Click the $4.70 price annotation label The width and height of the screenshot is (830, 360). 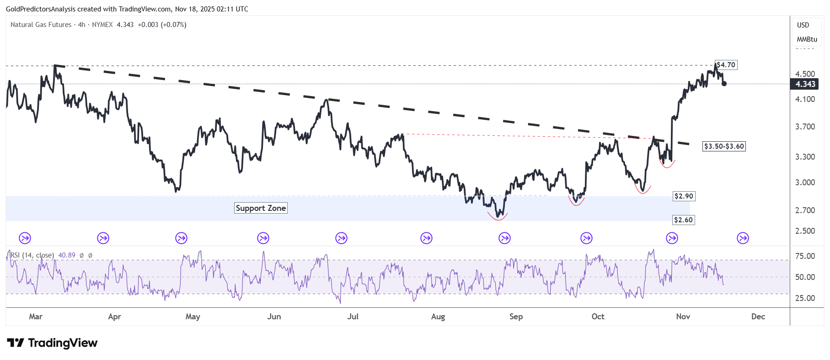click(x=726, y=65)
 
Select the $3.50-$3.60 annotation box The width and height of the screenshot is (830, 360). click(x=724, y=146)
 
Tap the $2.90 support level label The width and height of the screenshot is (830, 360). click(x=684, y=196)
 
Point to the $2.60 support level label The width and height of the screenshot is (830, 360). click(x=683, y=220)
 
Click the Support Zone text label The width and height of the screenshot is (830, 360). click(x=261, y=208)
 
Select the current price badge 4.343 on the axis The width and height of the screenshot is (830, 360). click(x=805, y=84)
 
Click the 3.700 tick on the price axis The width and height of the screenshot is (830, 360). click(x=805, y=127)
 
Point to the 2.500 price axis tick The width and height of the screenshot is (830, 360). click(x=805, y=231)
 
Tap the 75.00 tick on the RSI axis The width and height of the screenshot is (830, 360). click(x=805, y=256)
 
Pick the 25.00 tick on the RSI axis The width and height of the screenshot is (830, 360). click(x=805, y=298)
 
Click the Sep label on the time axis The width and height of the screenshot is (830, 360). click(x=516, y=317)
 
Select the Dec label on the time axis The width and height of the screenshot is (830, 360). click(x=758, y=317)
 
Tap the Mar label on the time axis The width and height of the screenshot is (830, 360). click(x=36, y=317)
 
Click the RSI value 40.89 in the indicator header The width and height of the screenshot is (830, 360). click(x=67, y=255)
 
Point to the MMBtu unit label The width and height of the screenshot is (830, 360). click(x=807, y=39)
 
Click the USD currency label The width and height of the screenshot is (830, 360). click(x=803, y=25)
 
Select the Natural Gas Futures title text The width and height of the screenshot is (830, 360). click(x=41, y=25)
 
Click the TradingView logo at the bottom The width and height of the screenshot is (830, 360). click(x=52, y=343)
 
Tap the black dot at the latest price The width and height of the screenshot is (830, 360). click(x=724, y=84)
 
